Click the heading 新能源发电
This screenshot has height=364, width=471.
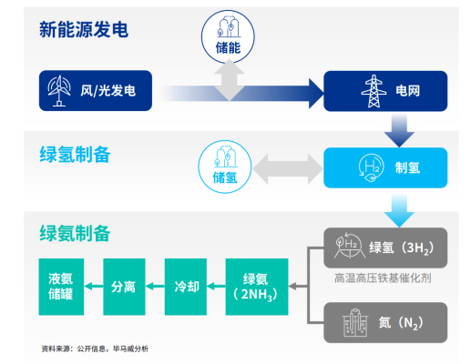pyautogui.click(x=84, y=29)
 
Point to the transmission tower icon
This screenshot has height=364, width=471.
pyautogui.click(x=374, y=90)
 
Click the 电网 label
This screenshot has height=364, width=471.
pyautogui.click(x=408, y=90)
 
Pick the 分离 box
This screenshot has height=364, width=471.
pyautogui.click(x=123, y=287)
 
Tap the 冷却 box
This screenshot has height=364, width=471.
pyautogui.click(x=186, y=287)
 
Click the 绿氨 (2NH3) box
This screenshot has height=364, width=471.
pyautogui.click(x=256, y=287)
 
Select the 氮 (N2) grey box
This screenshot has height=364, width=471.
pyautogui.click(x=385, y=321)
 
